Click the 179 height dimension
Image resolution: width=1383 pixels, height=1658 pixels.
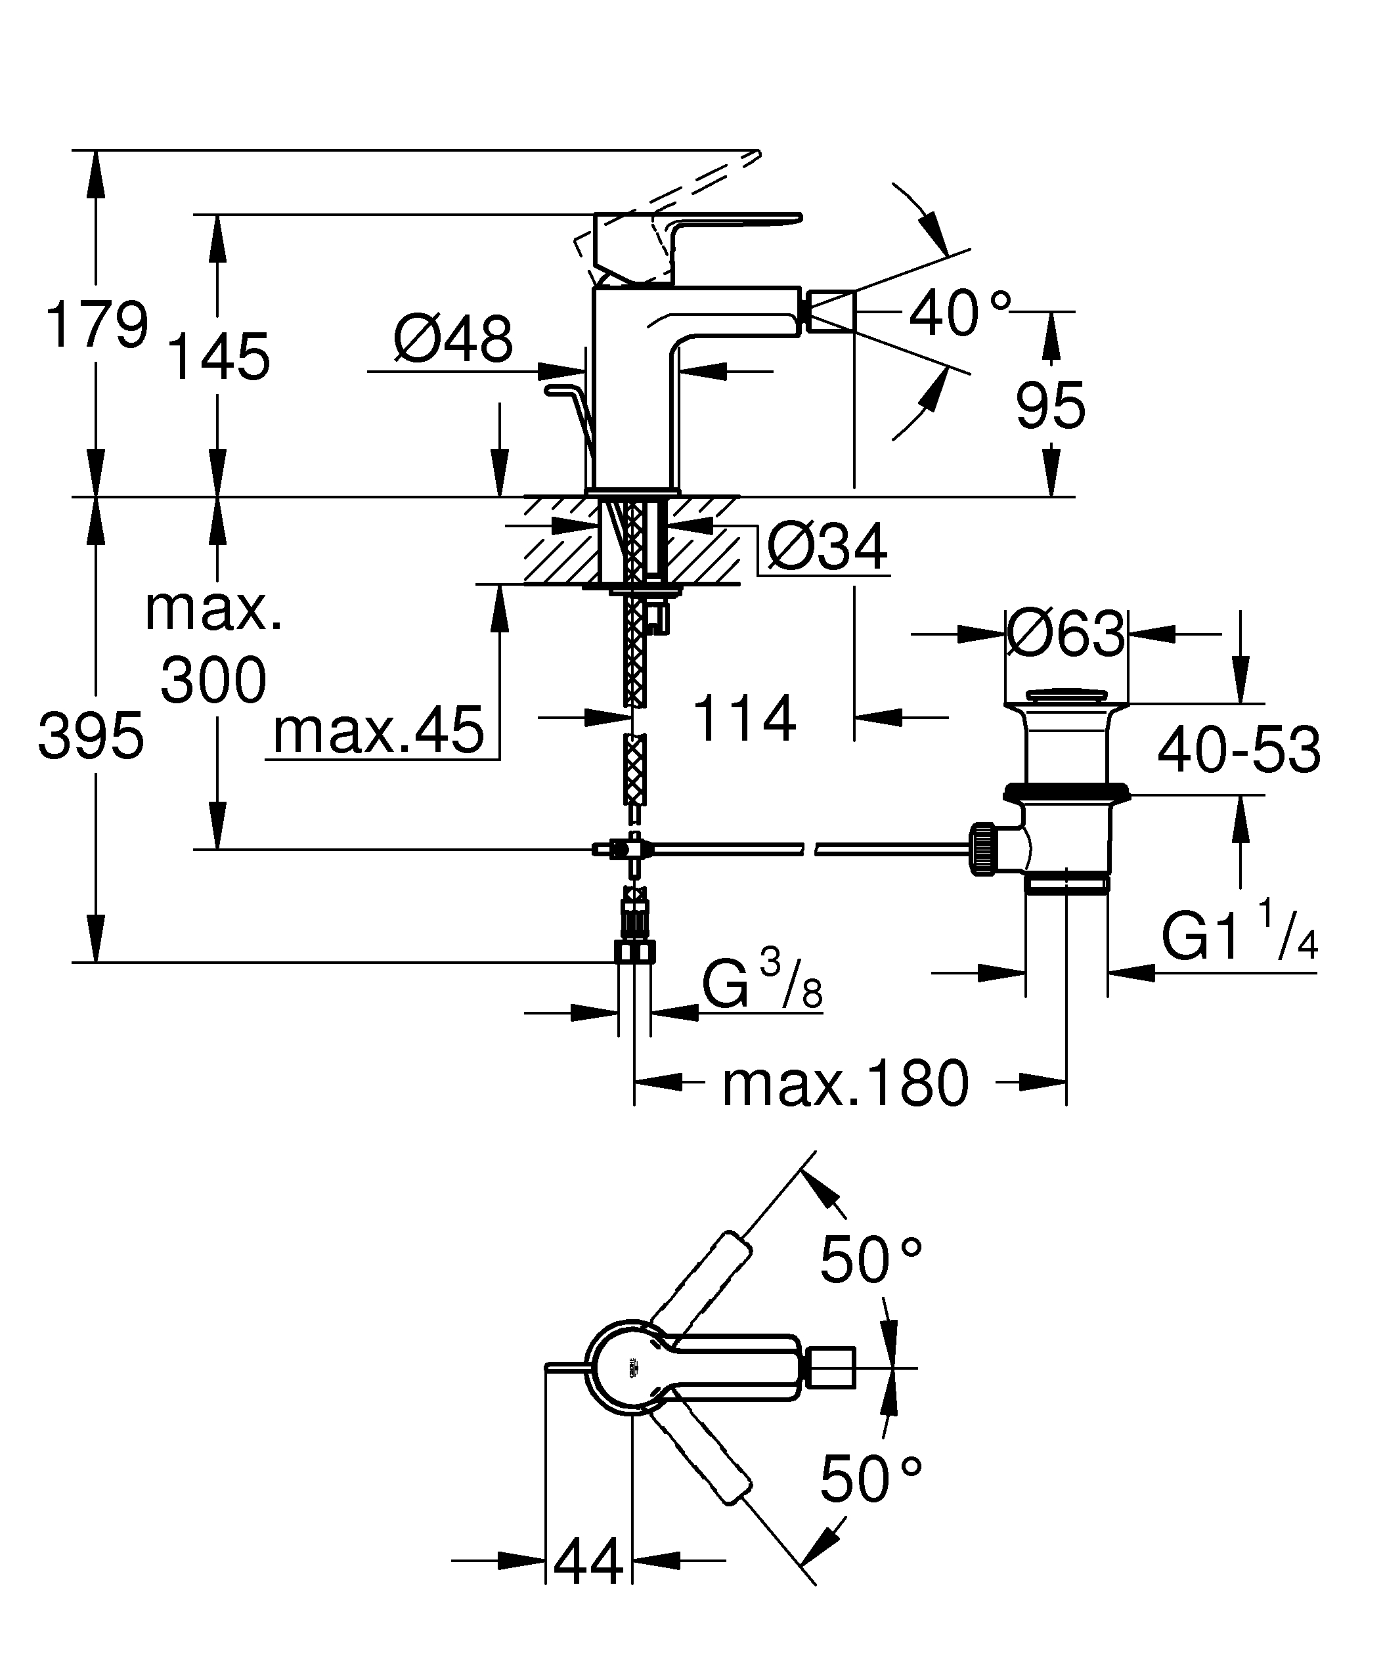97,324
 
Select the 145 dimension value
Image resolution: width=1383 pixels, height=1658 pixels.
219,357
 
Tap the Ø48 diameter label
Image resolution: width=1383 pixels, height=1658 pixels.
452,339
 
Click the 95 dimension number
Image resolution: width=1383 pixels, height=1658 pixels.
1050,406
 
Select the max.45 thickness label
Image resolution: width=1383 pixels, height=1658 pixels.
378,731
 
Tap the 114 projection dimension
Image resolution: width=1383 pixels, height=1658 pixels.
743,718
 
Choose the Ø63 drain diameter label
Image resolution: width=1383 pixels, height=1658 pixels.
1066,633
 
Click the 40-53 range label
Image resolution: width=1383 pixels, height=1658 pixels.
1239,751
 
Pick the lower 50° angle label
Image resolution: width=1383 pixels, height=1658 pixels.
871,1479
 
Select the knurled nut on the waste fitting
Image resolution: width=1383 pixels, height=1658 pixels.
981,849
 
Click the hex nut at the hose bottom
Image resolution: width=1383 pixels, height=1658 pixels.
634,951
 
